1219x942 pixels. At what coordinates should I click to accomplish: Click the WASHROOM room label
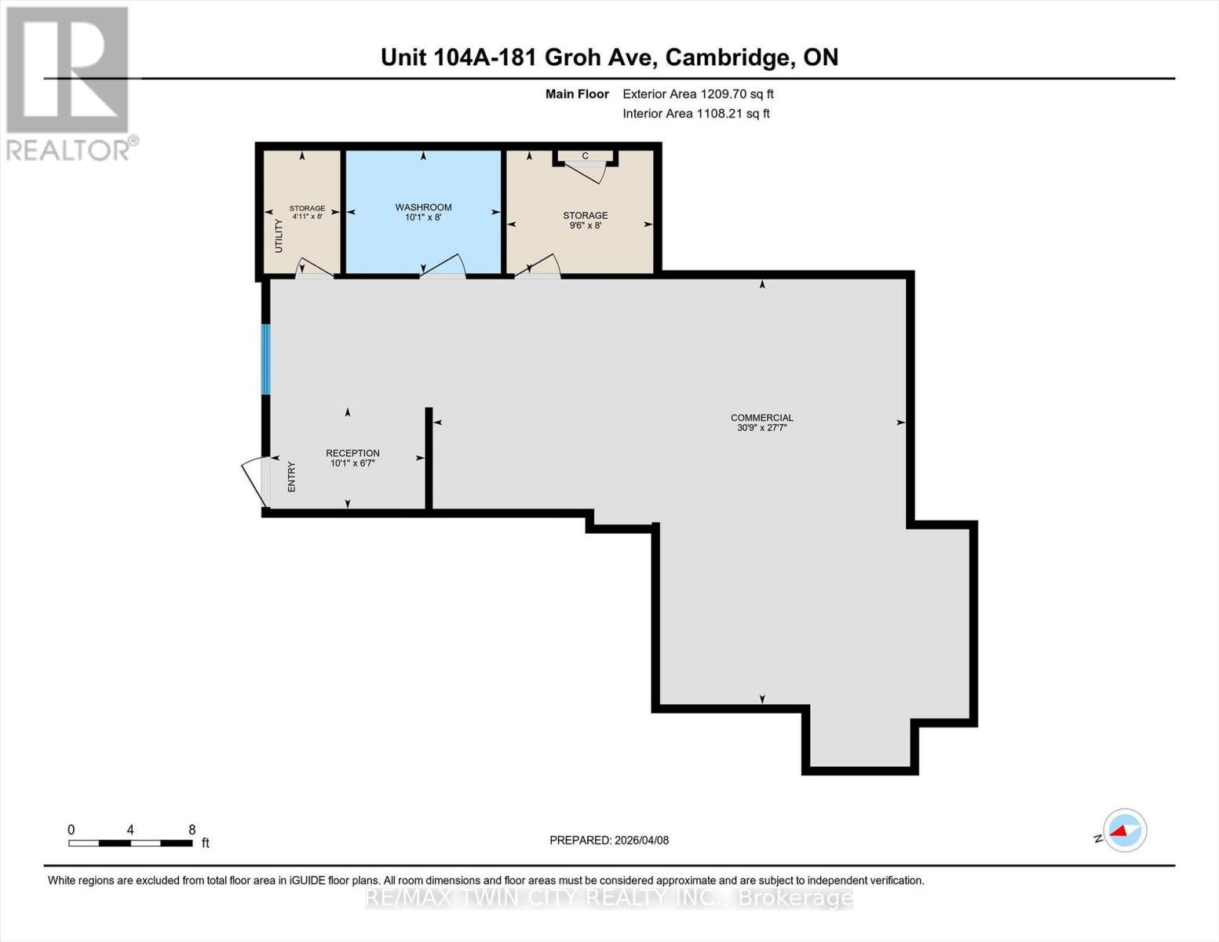(423, 207)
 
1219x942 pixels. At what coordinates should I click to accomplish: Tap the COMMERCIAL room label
(761, 418)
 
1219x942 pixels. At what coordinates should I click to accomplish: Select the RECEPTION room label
(352, 453)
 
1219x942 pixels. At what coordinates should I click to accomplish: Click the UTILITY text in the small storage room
(279, 235)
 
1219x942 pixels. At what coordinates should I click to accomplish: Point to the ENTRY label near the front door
(292, 476)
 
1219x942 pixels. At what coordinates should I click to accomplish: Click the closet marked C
(585, 156)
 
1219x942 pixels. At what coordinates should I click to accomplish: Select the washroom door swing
(443, 267)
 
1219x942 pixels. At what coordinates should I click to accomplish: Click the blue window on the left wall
(265, 359)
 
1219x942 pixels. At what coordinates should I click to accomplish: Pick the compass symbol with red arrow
(1124, 830)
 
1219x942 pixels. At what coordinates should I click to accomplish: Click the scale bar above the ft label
(130, 843)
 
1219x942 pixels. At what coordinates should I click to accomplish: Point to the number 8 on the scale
(192, 830)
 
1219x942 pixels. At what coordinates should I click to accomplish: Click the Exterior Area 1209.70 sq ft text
(698, 93)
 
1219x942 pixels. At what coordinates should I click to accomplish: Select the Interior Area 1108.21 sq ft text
(695, 113)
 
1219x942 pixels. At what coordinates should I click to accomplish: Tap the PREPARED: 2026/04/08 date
(609, 840)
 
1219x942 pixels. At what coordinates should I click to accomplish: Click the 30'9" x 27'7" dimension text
(761, 428)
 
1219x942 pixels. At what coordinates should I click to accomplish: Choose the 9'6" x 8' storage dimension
(585, 225)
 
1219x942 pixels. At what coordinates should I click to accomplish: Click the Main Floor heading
(577, 93)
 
